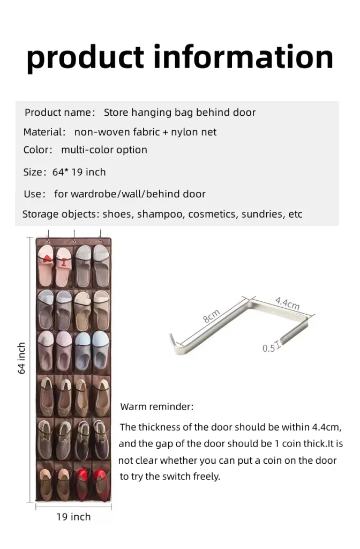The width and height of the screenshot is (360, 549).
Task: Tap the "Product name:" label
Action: pyautogui.click(x=59, y=113)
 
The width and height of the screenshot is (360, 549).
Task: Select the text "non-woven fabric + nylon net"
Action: pyautogui.click(x=145, y=132)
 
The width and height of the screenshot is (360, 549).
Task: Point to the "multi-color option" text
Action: pyautogui.click(x=104, y=150)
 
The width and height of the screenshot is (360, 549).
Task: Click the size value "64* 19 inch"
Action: pyautogui.click(x=79, y=172)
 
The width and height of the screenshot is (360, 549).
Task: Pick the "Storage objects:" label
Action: pyautogui.click(x=61, y=214)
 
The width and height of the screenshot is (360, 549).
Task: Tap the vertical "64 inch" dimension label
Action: pyautogui.click(x=21, y=358)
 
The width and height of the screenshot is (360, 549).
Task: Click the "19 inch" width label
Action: pyautogui.click(x=73, y=517)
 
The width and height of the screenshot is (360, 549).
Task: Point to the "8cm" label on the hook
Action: pyautogui.click(x=211, y=316)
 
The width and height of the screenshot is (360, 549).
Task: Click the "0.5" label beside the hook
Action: pyautogui.click(x=268, y=348)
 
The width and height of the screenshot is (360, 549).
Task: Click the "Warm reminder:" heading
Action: pyautogui.click(x=157, y=407)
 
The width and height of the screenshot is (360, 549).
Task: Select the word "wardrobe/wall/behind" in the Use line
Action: pyautogui.click(x=118, y=194)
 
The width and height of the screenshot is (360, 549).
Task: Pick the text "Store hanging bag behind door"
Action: pyautogui.click(x=179, y=113)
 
